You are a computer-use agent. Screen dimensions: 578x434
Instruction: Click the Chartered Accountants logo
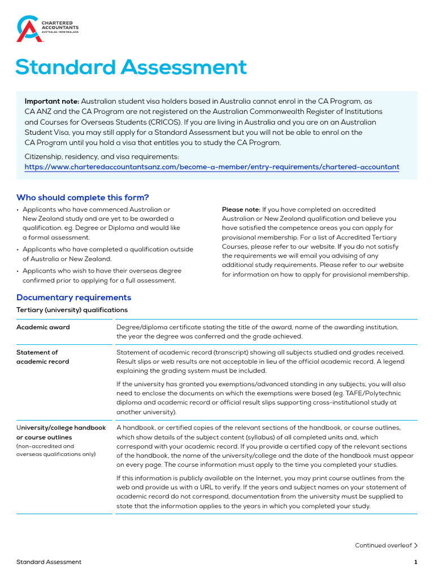[x=47, y=28]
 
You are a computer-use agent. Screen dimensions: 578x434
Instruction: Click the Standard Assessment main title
[x=131, y=67]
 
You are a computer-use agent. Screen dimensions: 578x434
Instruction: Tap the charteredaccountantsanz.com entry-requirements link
[x=212, y=167]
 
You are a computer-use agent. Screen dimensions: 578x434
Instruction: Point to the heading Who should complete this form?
[x=83, y=197]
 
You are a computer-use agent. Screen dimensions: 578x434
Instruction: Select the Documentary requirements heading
[x=73, y=297]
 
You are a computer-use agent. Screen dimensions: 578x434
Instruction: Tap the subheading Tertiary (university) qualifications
[x=72, y=310]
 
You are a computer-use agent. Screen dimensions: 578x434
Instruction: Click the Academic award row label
[x=43, y=327]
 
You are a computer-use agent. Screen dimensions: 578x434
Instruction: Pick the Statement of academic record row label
[x=42, y=357]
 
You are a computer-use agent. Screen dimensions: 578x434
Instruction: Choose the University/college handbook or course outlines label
[x=61, y=432]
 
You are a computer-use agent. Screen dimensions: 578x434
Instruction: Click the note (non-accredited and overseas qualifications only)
[x=56, y=450]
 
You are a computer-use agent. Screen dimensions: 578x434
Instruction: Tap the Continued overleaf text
[x=383, y=545]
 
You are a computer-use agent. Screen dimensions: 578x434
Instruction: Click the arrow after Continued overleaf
[x=416, y=545]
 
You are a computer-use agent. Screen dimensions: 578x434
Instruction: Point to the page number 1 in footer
[x=415, y=562]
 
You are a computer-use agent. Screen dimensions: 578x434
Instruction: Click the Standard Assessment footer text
[x=49, y=562]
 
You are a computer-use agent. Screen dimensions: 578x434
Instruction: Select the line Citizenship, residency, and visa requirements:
[x=102, y=156]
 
